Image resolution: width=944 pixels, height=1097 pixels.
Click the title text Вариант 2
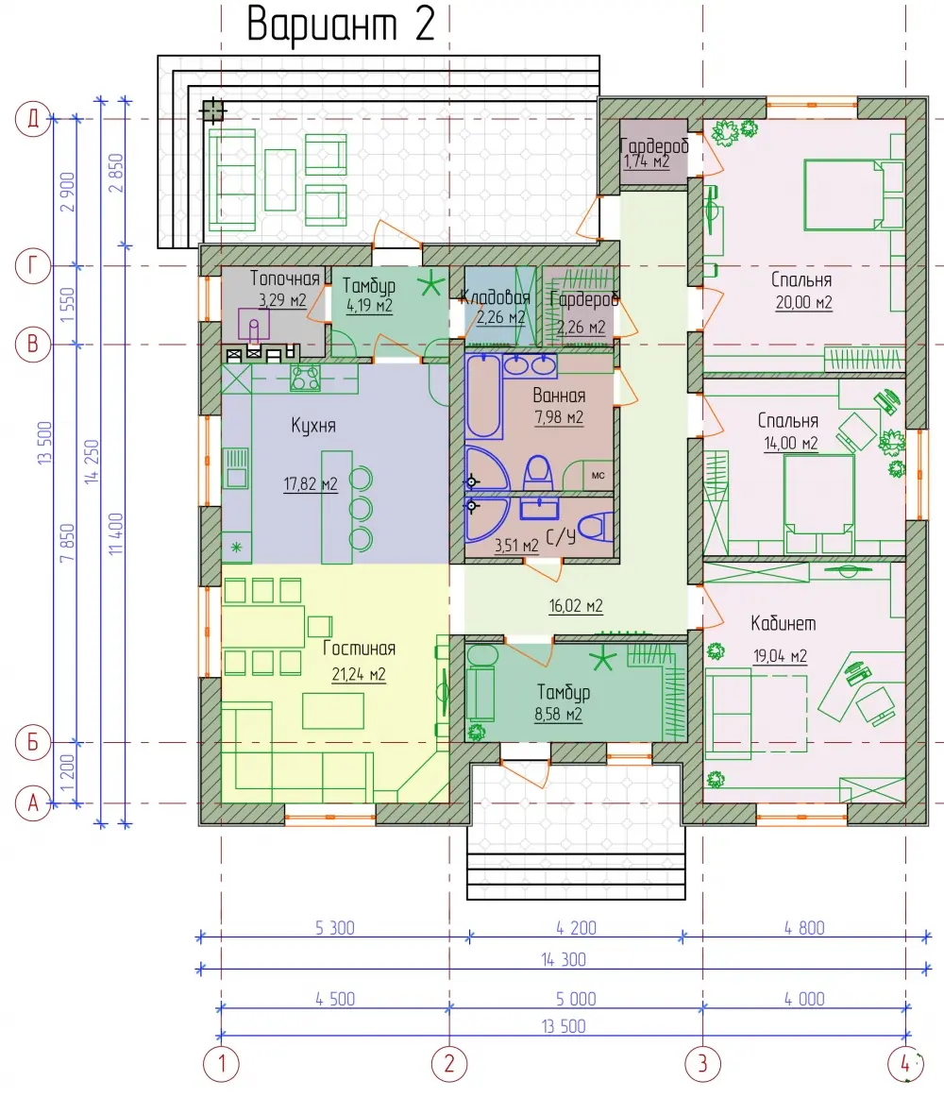point(341,25)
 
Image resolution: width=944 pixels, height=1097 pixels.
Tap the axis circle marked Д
point(33,118)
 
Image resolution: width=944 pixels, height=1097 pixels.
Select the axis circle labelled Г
point(33,266)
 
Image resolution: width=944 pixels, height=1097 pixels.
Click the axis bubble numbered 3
point(702,1064)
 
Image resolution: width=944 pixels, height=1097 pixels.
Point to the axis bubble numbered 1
point(221,1064)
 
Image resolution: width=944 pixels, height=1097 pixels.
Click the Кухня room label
point(313,426)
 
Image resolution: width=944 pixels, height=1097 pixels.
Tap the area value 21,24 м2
point(359,674)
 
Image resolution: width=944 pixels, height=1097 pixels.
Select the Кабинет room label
point(784,623)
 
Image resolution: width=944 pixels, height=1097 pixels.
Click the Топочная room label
point(285,278)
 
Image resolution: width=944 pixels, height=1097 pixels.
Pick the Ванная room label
point(559,396)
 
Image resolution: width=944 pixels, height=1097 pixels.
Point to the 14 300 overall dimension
point(564,960)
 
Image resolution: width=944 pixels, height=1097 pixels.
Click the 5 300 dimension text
point(334,928)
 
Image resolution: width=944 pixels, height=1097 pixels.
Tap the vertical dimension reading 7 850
point(66,543)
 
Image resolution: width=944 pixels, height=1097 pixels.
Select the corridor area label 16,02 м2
point(575,606)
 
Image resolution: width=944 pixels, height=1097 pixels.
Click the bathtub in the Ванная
point(483,396)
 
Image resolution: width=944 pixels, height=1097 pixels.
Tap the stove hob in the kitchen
point(306,378)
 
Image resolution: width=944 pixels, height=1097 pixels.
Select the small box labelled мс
point(598,475)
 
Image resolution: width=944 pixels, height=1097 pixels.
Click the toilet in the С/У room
point(597,526)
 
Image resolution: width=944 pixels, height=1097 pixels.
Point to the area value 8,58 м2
point(558,715)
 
